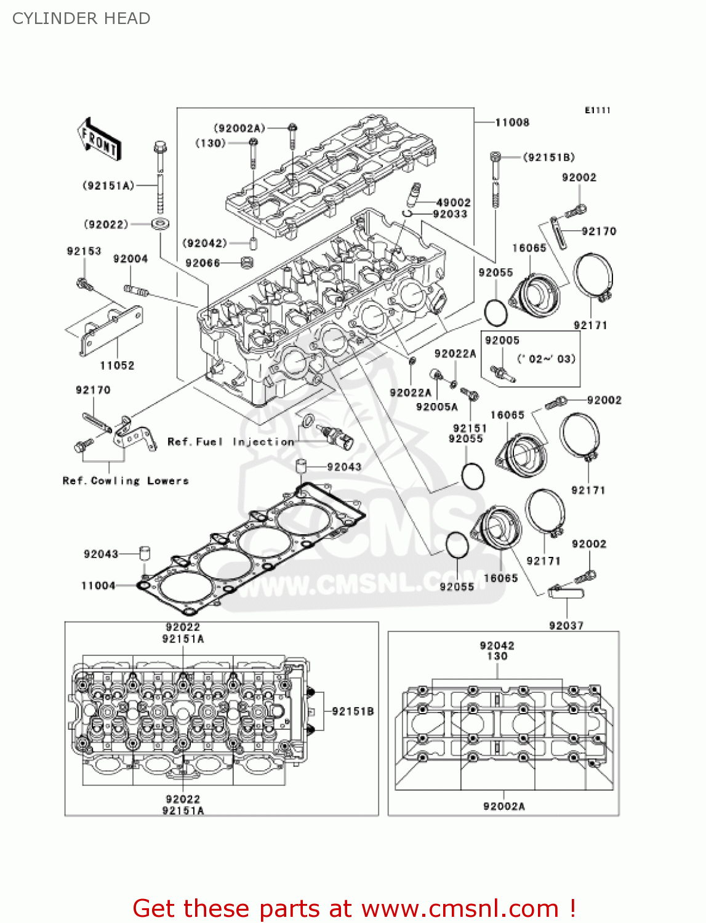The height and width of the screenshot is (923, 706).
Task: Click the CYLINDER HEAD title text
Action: tap(81, 18)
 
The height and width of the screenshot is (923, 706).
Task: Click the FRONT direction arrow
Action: tap(99, 140)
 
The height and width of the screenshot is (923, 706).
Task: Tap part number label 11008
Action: tap(512, 122)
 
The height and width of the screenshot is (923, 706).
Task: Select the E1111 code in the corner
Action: tap(597, 110)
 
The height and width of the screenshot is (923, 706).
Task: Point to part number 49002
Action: tap(453, 202)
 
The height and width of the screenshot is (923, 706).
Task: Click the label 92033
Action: tap(450, 214)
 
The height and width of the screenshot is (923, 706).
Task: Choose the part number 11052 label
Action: tap(117, 366)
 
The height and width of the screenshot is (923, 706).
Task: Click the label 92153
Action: tap(84, 251)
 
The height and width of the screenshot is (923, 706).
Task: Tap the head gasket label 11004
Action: tap(98, 586)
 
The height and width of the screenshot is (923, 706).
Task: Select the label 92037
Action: tap(566, 626)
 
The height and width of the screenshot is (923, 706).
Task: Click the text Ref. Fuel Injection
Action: tap(231, 442)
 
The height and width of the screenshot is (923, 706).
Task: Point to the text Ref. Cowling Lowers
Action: tap(126, 481)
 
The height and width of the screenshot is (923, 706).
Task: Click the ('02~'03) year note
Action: tap(546, 359)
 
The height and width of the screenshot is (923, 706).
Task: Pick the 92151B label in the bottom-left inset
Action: tap(353, 711)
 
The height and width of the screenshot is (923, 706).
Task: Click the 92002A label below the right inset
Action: tap(504, 807)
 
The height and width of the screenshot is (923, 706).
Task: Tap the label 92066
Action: tap(203, 263)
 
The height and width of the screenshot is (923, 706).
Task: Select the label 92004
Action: tap(130, 259)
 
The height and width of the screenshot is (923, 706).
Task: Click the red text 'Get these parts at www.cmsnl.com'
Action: tap(354, 909)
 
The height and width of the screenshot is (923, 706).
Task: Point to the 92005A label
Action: tap(436, 407)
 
